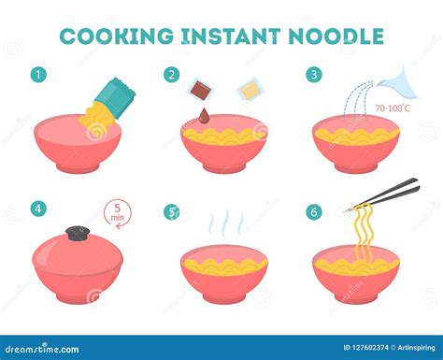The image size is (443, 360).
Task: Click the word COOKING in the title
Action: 117,36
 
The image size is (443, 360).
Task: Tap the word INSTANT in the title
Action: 231,36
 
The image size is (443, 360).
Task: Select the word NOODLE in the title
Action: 336,36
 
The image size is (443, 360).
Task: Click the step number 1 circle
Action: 38,75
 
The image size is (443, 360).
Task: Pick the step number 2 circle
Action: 172,75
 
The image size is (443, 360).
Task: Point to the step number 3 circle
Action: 314,75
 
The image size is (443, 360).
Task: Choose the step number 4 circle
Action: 38,209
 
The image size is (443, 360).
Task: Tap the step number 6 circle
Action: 314,212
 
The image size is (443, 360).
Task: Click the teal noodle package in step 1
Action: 115,98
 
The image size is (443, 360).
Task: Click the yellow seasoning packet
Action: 250,89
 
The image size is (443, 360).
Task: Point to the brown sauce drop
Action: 205,115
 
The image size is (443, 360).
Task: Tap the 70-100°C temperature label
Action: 393,108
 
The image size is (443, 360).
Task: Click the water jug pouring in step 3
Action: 399,83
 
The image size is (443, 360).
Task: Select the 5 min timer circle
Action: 117,213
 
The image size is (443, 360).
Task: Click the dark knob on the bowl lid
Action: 78,234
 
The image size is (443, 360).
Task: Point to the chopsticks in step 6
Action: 383,194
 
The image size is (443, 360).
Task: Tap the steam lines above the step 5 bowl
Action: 225,223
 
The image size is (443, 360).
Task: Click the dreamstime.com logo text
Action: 42,349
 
